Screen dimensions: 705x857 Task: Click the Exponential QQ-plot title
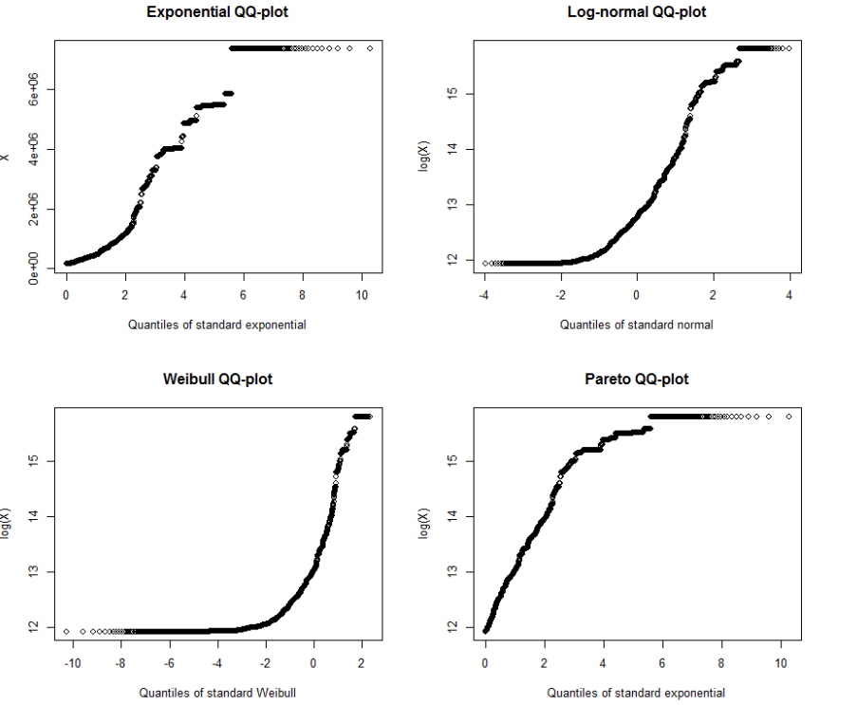(217, 12)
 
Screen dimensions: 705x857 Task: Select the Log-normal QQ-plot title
(637, 12)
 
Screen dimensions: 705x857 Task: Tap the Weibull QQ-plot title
(217, 379)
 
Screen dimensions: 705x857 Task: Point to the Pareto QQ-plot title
(637, 379)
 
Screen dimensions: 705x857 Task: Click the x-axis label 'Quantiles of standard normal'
(636, 325)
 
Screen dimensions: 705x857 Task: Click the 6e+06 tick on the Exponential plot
(34, 89)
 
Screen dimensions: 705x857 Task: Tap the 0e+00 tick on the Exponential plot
(34, 268)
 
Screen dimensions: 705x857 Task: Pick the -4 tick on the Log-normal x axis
(484, 294)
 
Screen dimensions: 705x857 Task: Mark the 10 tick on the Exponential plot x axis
(362, 294)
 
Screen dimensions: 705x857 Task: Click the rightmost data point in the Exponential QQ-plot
(369, 47)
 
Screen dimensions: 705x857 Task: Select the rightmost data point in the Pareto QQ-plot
(789, 416)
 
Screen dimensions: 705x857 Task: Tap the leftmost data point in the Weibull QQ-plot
(66, 631)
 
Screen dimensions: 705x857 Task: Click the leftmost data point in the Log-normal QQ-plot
(486, 263)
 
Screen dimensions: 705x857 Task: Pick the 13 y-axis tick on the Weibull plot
(34, 571)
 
